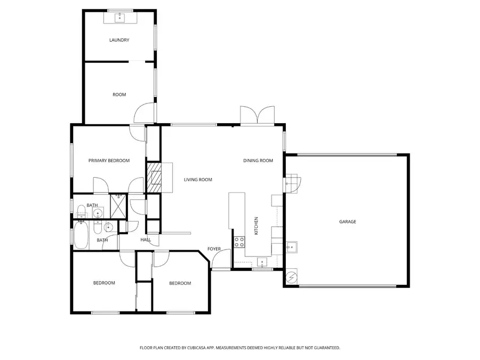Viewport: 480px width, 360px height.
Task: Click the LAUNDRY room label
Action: (119, 40)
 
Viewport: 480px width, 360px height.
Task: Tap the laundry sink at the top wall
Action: (119, 18)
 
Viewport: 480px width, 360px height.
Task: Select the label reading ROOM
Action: (119, 94)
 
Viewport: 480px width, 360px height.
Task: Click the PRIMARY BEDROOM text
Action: (109, 160)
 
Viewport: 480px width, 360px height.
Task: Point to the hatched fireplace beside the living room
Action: (154, 177)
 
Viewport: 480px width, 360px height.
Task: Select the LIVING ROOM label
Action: (198, 180)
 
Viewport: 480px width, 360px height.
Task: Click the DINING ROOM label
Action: (258, 161)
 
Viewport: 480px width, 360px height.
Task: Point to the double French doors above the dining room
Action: (258, 115)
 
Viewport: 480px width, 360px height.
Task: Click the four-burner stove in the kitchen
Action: (238, 242)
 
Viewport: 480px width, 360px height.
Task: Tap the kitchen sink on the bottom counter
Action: (262, 261)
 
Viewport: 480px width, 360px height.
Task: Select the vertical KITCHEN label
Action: (256, 226)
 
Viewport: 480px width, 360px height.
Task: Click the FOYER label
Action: (214, 249)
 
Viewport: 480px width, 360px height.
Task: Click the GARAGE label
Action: (347, 221)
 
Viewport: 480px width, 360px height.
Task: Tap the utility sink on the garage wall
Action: (291, 247)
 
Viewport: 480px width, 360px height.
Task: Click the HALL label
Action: (146, 240)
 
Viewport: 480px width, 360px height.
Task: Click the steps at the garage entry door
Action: (292, 182)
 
